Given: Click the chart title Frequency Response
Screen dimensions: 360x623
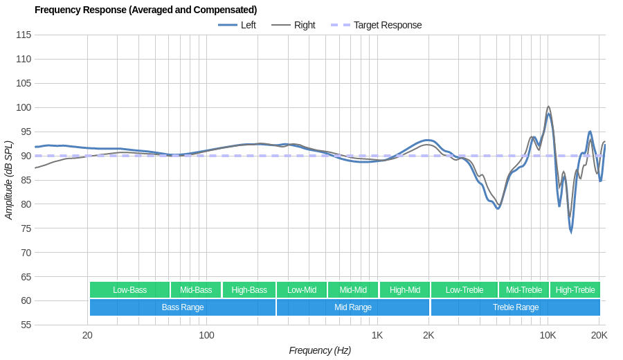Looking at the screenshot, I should click(x=145, y=10).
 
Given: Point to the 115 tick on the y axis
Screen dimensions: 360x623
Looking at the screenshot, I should click(x=24, y=35).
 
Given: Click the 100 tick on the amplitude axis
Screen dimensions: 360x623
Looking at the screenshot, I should click(x=24, y=107).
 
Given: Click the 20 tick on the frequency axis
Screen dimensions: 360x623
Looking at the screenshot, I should click(x=87, y=335).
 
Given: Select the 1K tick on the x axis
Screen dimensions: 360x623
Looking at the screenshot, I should click(x=377, y=335).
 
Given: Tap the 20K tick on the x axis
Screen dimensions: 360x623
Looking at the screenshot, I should click(x=599, y=335).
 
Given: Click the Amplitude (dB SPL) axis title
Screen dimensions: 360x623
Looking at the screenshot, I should click(x=9, y=180).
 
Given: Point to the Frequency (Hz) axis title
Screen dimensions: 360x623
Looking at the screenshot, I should click(x=320, y=350).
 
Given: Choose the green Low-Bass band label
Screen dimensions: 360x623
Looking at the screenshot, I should click(x=129, y=290).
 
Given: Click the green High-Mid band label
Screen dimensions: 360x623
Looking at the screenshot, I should click(x=404, y=290).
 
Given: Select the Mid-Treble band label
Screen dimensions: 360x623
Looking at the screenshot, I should click(x=524, y=290).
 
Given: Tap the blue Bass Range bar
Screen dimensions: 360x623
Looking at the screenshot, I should click(x=183, y=307).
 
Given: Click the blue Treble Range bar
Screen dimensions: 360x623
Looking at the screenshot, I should click(x=515, y=307).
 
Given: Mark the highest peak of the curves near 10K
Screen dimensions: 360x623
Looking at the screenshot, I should click(x=548, y=107).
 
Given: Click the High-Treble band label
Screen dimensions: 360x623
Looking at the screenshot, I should click(x=575, y=290).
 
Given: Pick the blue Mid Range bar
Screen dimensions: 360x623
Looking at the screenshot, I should click(x=352, y=307).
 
